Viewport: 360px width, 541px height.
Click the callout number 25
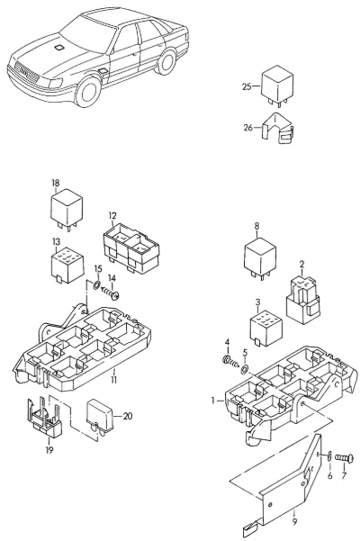[x=247, y=86]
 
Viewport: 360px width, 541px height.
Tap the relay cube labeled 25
[x=277, y=86]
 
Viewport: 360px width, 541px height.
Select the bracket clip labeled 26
[x=278, y=129]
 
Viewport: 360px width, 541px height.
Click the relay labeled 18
[x=67, y=209]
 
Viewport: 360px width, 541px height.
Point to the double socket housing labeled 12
[x=131, y=248]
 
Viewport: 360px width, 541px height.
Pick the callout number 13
[x=56, y=241]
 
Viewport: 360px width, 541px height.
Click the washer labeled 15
[x=97, y=285]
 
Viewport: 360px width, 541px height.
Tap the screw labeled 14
[x=111, y=293]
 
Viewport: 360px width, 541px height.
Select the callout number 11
[x=113, y=380]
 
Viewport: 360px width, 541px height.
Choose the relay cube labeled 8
[x=260, y=257]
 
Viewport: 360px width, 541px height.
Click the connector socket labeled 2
[x=302, y=299]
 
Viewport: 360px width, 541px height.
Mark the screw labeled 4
[x=231, y=361]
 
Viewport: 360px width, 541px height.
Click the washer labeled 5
[x=244, y=369]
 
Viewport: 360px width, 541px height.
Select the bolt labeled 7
[x=344, y=458]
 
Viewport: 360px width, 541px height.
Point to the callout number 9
[x=294, y=522]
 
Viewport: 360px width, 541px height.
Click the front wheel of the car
[x=87, y=92]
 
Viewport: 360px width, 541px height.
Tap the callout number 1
[x=213, y=401]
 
